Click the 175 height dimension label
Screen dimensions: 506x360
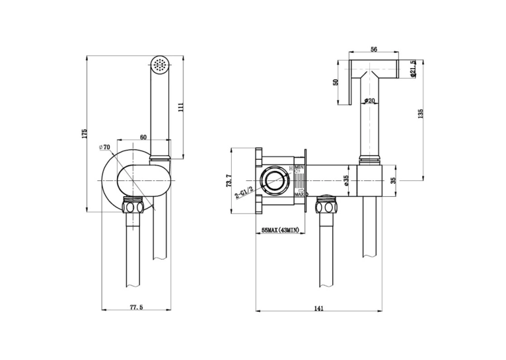pos(85,134)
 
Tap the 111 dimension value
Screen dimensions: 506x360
pos(181,107)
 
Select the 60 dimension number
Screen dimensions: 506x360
pos(143,137)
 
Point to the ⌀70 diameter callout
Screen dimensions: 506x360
pos(104,147)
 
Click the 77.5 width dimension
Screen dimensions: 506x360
pos(136,307)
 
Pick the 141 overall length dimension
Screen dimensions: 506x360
pos(318,308)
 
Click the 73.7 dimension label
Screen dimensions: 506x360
pos(229,180)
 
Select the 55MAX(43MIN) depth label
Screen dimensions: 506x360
pos(280,230)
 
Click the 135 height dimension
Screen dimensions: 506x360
pos(420,114)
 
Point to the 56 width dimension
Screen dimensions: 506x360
pos(374,50)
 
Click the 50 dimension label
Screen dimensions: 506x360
pos(336,82)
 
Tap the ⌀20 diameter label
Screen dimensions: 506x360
pos(369,101)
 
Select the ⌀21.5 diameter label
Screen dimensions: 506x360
pos(413,69)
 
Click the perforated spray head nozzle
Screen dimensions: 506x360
pos(159,64)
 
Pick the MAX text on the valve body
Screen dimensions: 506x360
pos(299,194)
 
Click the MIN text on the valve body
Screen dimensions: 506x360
pos(300,166)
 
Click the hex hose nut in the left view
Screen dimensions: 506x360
pos(134,206)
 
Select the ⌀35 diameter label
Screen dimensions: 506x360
pos(345,180)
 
